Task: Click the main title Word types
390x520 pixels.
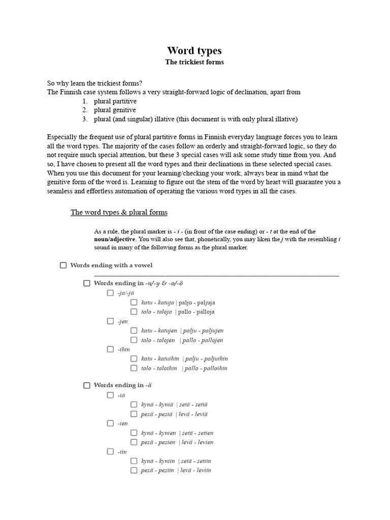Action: pos(194,51)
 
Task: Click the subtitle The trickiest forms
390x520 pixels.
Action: pos(194,62)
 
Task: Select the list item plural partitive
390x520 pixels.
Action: pos(115,101)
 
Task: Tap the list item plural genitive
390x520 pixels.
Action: pos(114,110)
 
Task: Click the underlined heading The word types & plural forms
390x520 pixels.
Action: pos(119,212)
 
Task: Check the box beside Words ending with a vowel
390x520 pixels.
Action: pos(63,265)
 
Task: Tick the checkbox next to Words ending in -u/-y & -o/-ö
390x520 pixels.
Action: pos(87,283)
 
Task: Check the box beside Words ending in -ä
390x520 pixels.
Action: pos(87,385)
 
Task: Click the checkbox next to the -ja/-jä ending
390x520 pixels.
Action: pos(110,293)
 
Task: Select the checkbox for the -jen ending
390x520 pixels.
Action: pos(110,321)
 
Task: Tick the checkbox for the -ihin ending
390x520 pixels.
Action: pos(110,349)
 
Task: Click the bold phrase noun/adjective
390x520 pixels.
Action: pos(114,239)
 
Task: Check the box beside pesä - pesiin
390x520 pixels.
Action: pos(134,470)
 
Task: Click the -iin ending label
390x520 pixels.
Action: pos(121,451)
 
